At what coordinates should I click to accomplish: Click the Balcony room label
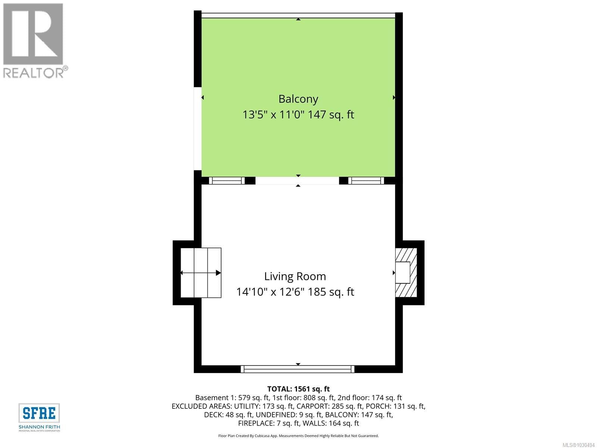pyautogui.click(x=298, y=99)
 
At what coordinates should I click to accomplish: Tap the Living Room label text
pyautogui.click(x=295, y=276)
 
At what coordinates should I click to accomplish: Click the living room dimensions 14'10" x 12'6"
pyautogui.click(x=271, y=292)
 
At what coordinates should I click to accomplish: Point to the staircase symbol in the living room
pyautogui.click(x=201, y=273)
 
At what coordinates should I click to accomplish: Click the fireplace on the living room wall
pyautogui.click(x=405, y=273)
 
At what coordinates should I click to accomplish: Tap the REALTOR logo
pyautogui.click(x=34, y=40)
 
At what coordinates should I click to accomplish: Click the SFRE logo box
pyautogui.click(x=39, y=413)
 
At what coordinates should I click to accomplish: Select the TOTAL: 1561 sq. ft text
pyautogui.click(x=298, y=389)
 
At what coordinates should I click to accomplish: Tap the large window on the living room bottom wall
pyautogui.click(x=298, y=369)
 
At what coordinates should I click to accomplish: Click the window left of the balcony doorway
pyautogui.click(x=226, y=181)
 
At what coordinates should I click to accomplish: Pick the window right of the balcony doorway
pyautogui.click(x=366, y=181)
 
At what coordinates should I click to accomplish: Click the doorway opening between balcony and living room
pyautogui.click(x=297, y=181)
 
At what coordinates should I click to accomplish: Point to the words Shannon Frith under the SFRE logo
pyautogui.click(x=39, y=427)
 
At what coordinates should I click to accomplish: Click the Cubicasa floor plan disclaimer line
pyautogui.click(x=298, y=436)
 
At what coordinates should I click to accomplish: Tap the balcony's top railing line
pyautogui.click(x=298, y=15)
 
